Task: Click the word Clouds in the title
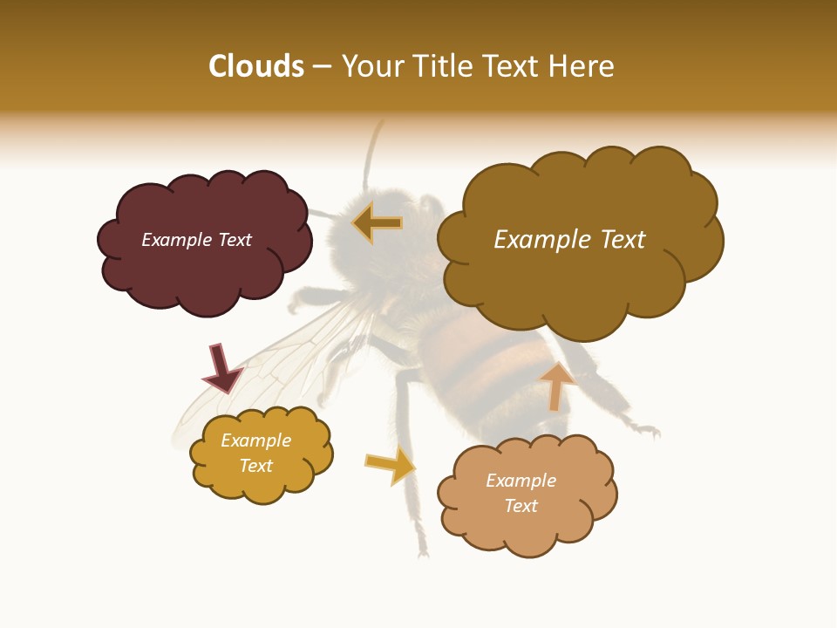coord(256,66)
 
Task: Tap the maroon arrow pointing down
coord(221,367)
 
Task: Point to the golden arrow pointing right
coord(390,465)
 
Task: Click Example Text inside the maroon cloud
coord(196,240)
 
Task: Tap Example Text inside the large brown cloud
coord(569,239)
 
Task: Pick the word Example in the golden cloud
coord(255,440)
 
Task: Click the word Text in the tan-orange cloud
coord(521,506)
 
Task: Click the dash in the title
coord(322,66)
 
